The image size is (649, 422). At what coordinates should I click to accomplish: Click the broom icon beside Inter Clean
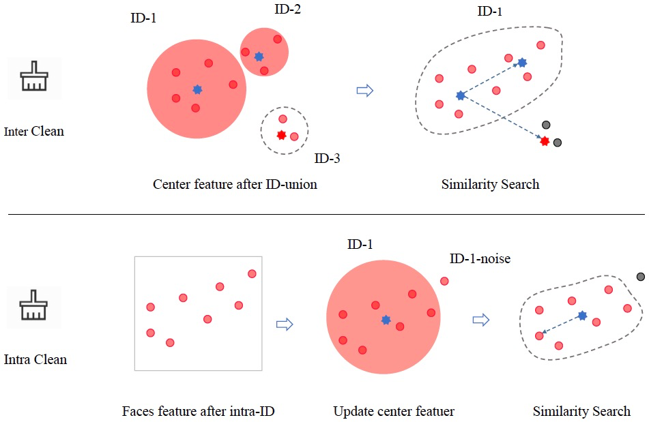[x=33, y=78]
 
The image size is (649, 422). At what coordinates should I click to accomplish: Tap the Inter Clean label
[x=34, y=131]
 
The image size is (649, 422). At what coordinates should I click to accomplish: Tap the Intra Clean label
[x=35, y=359]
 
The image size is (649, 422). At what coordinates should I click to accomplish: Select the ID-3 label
[x=327, y=159]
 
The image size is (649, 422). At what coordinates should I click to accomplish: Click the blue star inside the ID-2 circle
[x=259, y=57]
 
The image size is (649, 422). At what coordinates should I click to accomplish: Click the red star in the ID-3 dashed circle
[x=281, y=135]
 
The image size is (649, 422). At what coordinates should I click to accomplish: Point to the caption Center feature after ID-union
[x=235, y=184]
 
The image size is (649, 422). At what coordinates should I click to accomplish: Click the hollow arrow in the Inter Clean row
[x=366, y=91]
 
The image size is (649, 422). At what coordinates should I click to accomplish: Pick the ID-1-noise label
[x=480, y=259]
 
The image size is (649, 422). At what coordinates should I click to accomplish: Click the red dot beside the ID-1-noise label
[x=444, y=281]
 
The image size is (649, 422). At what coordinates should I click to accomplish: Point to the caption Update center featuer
[x=393, y=411]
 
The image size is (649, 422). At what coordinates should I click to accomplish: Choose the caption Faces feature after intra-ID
[x=198, y=411]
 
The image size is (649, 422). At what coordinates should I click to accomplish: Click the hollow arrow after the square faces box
[x=284, y=324]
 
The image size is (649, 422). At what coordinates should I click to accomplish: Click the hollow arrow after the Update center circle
[x=481, y=319]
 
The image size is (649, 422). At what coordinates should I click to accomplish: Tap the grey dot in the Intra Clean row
[x=641, y=276]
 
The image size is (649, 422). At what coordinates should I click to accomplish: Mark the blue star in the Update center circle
[x=386, y=320]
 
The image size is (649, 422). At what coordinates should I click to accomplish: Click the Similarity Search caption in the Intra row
[x=581, y=411]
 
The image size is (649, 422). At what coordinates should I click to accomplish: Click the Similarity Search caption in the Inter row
[x=490, y=184]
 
